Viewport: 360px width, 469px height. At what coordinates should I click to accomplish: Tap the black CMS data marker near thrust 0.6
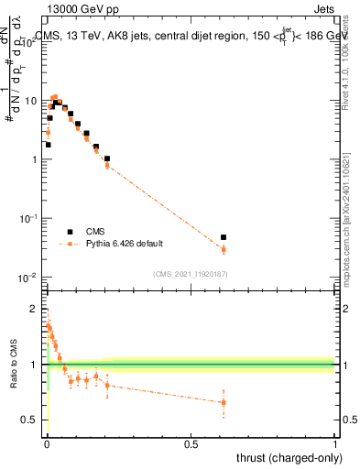pyautogui.click(x=224, y=237)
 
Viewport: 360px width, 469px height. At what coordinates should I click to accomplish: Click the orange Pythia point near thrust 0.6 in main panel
pyautogui.click(x=224, y=249)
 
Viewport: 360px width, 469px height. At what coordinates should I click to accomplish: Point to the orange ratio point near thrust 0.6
pyautogui.click(x=224, y=402)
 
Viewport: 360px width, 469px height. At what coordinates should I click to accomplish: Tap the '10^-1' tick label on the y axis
pyautogui.click(x=30, y=218)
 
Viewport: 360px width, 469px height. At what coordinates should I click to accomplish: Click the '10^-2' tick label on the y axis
pyautogui.click(x=30, y=277)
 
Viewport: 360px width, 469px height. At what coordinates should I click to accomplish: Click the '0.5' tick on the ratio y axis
pyautogui.click(x=32, y=420)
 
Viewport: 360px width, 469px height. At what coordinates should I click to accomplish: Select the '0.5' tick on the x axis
pyautogui.click(x=191, y=445)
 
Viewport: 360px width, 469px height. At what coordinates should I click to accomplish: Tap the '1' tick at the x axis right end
pyautogui.click(x=335, y=445)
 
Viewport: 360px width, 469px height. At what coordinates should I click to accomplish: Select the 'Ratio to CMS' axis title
pyautogui.click(x=14, y=365)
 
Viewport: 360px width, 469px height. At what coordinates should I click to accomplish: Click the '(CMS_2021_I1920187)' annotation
pyautogui.click(x=191, y=273)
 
